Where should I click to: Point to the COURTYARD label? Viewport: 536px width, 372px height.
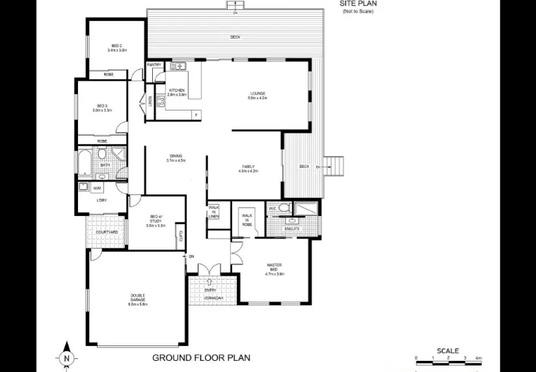pyautogui.click(x=106, y=232)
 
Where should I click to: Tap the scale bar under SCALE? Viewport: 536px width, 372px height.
pyautogui.click(x=448, y=358)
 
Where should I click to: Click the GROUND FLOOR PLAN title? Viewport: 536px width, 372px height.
pyautogui.click(x=201, y=357)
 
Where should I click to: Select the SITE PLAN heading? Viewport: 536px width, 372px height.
pyautogui.click(x=358, y=4)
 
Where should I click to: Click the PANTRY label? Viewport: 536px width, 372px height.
pyautogui.click(x=155, y=65)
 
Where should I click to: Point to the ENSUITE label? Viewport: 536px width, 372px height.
pyautogui.click(x=292, y=229)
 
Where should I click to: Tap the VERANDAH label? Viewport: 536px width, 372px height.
pyautogui.click(x=211, y=297)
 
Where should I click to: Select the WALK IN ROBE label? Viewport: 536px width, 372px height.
pyautogui.click(x=247, y=219)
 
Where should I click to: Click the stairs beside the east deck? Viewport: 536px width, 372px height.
pyautogui.click(x=333, y=166)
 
